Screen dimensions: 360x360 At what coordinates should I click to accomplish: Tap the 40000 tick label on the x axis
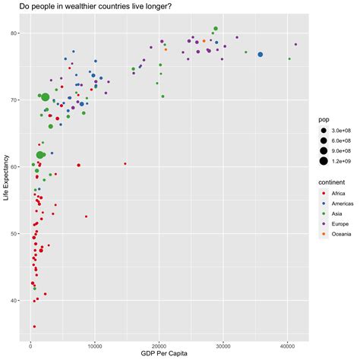tap(287, 344)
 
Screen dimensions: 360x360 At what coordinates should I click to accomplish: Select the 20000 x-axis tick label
tap(159, 344)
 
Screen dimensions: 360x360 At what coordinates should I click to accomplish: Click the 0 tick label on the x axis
tap(31, 344)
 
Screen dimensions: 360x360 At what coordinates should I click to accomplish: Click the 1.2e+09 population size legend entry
tap(341, 161)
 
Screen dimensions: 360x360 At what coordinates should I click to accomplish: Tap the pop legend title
tap(324, 120)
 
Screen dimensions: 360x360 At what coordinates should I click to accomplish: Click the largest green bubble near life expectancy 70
tap(46, 97)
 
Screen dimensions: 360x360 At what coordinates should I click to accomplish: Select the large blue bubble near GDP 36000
tap(261, 55)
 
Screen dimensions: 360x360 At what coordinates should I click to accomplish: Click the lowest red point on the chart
tap(33, 327)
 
